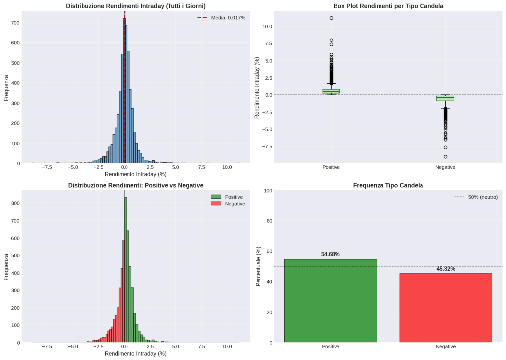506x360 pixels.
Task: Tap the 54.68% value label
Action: [330, 254]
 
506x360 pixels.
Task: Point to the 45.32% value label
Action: [445, 269]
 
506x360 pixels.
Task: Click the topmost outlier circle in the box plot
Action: [331, 18]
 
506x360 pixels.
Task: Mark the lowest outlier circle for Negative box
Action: [445, 157]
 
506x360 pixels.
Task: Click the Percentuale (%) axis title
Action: [258, 266]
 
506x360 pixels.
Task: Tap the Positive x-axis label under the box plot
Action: [331, 167]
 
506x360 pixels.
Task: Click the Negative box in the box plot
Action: [445, 98]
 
